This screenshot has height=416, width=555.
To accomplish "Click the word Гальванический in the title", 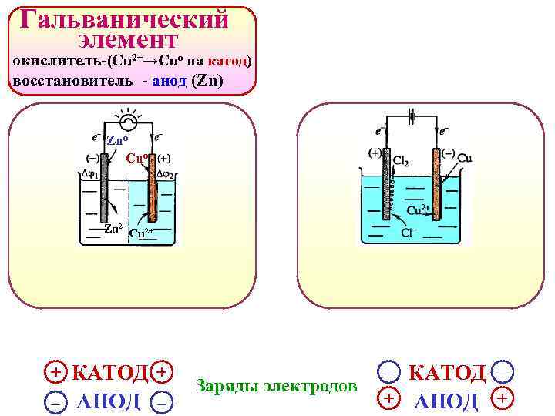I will pyautogui.click(x=126, y=18).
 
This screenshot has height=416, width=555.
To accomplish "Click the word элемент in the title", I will pyautogui.click(x=128, y=39).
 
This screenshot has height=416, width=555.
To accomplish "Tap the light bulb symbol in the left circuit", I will pyautogui.click(x=126, y=122).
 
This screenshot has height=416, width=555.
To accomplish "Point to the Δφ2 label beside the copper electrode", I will pyautogui.click(x=166, y=173).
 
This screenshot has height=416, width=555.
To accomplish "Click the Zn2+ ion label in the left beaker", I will pyautogui.click(x=116, y=227).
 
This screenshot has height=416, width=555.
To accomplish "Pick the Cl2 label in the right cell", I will pyautogui.click(x=401, y=161).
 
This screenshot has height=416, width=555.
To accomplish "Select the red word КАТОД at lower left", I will pyautogui.click(x=109, y=373).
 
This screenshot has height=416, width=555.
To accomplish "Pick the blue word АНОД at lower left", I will pyautogui.click(x=109, y=401).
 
